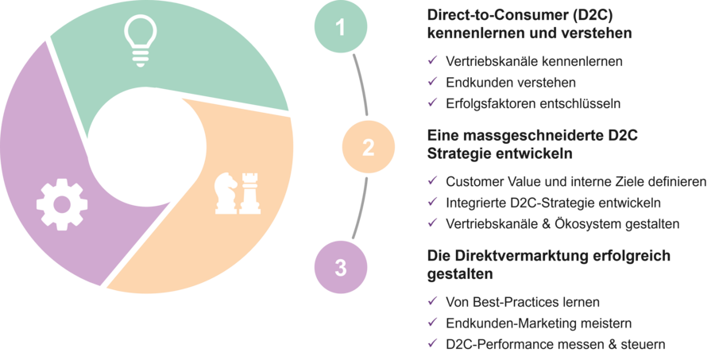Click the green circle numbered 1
pos(341,28)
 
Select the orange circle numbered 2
pos(368,147)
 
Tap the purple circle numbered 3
pos(341,267)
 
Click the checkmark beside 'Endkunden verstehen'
pos(432,81)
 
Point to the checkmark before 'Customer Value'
pos(432,181)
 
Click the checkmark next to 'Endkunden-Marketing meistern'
pos(432,323)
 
